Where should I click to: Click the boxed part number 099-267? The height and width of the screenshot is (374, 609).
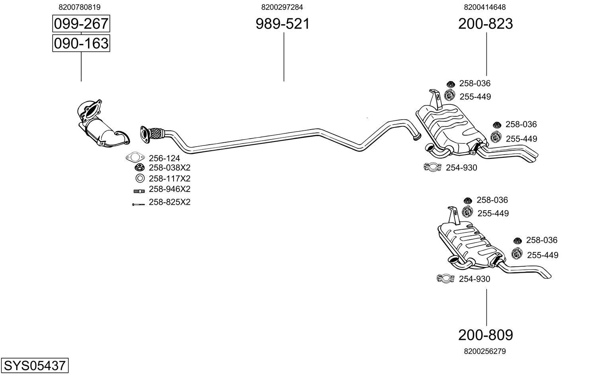click(x=81, y=24)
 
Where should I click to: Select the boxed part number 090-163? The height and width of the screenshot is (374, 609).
click(x=81, y=43)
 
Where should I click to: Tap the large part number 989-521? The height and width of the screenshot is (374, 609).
click(x=282, y=24)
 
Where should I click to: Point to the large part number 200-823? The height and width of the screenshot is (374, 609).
click(x=485, y=24)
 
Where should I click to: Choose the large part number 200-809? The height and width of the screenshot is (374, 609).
click(x=485, y=335)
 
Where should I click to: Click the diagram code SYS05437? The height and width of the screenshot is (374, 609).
click(x=35, y=365)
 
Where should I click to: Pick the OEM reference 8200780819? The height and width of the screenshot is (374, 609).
click(x=79, y=7)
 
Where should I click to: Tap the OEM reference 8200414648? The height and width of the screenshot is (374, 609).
click(x=485, y=7)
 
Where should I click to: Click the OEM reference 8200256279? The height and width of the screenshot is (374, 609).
click(x=485, y=351)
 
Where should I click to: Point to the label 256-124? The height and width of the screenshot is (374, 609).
click(x=164, y=158)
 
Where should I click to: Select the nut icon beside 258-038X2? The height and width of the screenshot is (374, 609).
click(x=139, y=168)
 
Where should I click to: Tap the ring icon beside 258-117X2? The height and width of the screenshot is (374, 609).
click(x=140, y=178)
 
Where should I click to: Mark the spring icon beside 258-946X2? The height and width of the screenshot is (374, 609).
click(x=139, y=191)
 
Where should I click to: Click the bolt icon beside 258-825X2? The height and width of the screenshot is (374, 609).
click(x=139, y=204)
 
